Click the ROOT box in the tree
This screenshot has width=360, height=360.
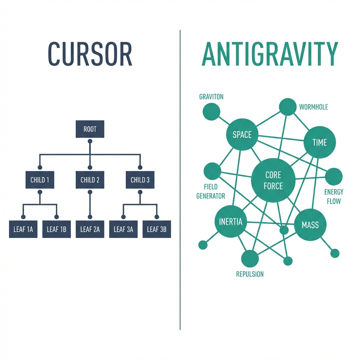[x=90, y=129]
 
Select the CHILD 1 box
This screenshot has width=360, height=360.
[x=40, y=180]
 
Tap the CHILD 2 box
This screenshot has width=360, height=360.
[x=90, y=180]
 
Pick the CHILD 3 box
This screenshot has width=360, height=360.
[x=140, y=180]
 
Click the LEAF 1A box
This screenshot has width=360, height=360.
[x=23, y=229]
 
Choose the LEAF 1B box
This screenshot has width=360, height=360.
[x=57, y=229]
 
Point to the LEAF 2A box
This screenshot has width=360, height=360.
[x=90, y=229]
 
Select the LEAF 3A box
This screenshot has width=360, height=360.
[x=123, y=229]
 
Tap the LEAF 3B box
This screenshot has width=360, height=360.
[x=157, y=229]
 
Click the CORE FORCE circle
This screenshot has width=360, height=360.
[x=273, y=180]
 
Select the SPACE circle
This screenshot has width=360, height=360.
[x=242, y=134]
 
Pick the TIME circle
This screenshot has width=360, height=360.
[x=320, y=142]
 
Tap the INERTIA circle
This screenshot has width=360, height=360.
[x=231, y=222]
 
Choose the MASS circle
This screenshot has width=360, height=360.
[x=310, y=225]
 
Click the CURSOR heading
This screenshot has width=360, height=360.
[x=90, y=54]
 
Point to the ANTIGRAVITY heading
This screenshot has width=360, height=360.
[x=270, y=54]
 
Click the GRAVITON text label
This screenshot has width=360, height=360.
[x=211, y=97]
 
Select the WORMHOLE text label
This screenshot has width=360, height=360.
[x=313, y=107]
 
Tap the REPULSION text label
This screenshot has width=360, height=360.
[x=250, y=274]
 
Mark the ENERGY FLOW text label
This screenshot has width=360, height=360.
[x=334, y=197]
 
